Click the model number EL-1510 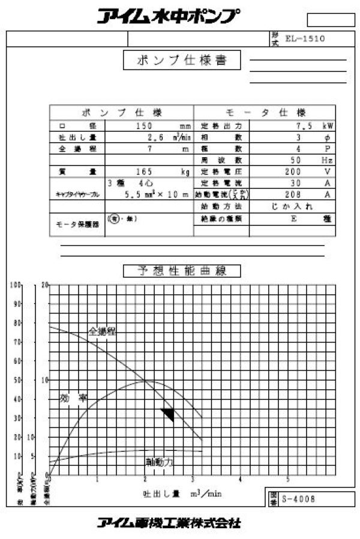[305, 38]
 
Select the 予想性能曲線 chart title [182, 271]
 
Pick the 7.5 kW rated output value [306, 126]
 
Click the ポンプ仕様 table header [122, 113]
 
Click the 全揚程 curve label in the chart [103, 331]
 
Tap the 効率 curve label [74, 398]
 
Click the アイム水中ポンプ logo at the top [170, 16]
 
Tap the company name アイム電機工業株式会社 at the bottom [169, 523]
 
